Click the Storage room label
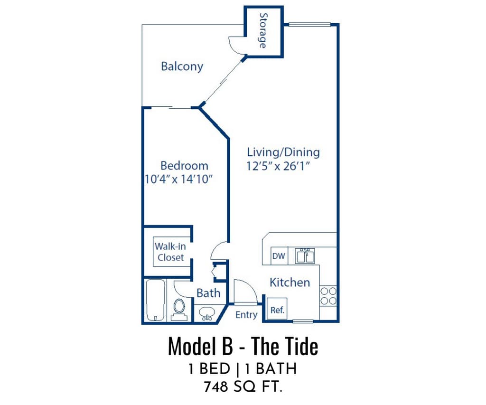[x=263, y=30]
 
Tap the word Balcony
[x=182, y=66]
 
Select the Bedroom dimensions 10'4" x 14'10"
[x=178, y=179]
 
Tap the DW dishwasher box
[x=279, y=256]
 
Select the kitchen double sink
[x=305, y=256]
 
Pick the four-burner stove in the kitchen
[x=328, y=296]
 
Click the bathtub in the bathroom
[x=155, y=300]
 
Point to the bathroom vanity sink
[x=207, y=313]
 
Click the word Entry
[x=246, y=315]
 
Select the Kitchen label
[x=290, y=283]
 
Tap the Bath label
[x=208, y=293]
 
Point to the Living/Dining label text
[x=283, y=152]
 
